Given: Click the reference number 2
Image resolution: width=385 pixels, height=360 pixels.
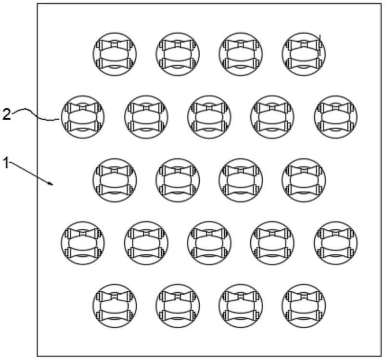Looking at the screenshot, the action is click(x=7, y=114).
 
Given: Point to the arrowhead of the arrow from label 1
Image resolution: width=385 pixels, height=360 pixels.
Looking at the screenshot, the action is click(x=51, y=183).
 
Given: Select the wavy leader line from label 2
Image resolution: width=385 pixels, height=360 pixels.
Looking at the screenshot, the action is click(x=35, y=114).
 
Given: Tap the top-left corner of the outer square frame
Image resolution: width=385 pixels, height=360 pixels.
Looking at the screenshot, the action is click(x=38, y=4).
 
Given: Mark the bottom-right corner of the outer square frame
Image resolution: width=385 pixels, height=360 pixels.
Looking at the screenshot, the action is click(x=381, y=356).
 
